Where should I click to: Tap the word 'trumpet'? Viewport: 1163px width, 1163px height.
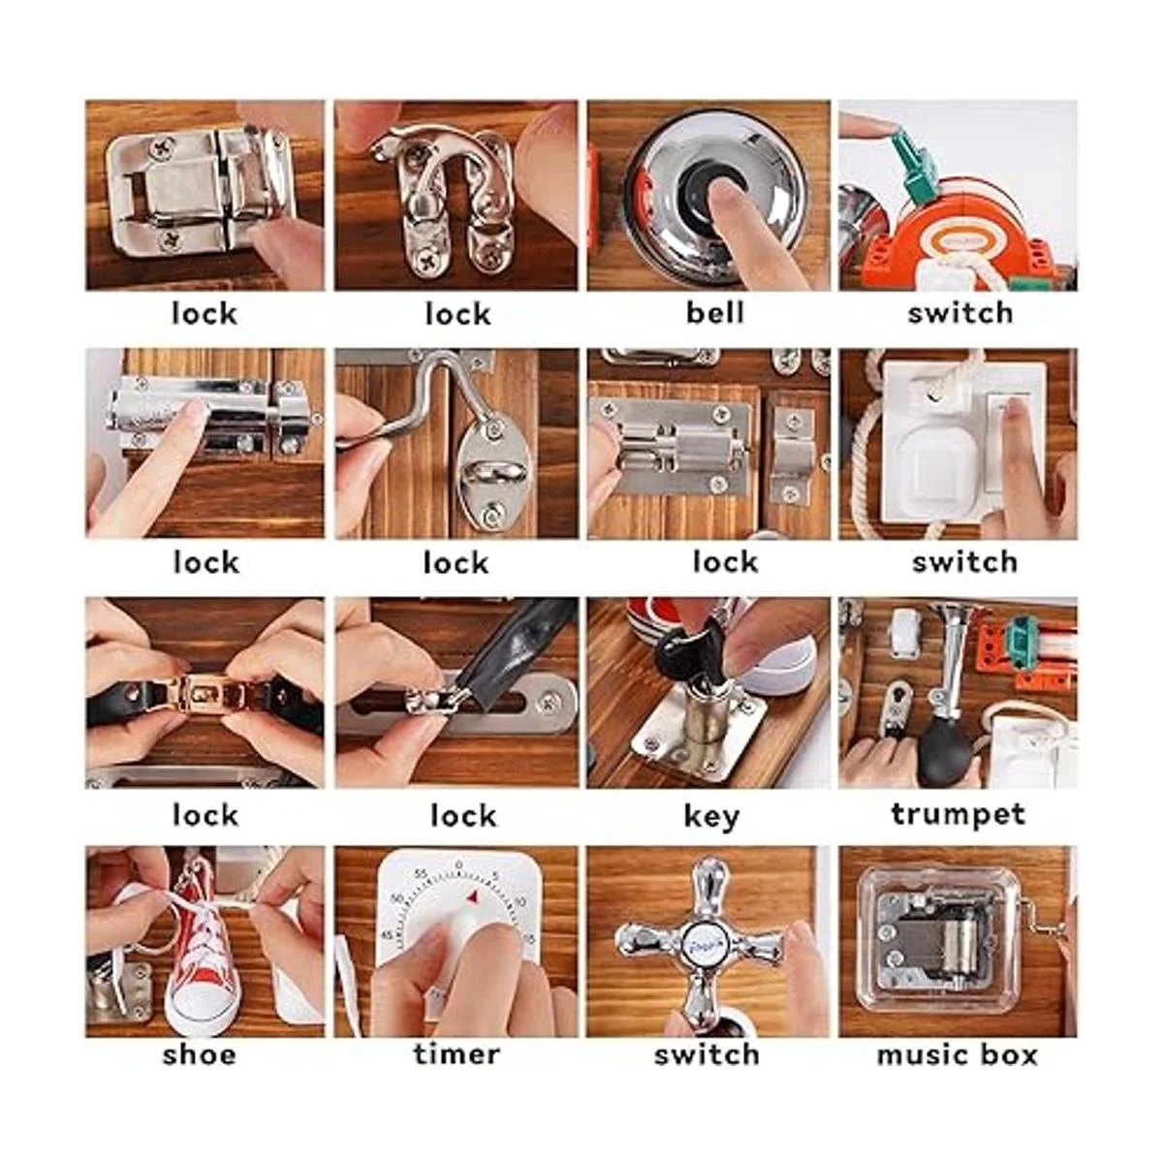point(958,815)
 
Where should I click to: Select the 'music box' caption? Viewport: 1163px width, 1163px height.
point(957,1055)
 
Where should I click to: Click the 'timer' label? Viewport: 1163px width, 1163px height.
point(456,1054)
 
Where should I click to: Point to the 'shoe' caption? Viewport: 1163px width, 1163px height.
point(200,1054)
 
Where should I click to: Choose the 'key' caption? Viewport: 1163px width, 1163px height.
point(711,817)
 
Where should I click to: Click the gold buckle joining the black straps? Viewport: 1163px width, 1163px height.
point(204,693)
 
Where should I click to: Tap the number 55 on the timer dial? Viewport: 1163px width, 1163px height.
point(421,874)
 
